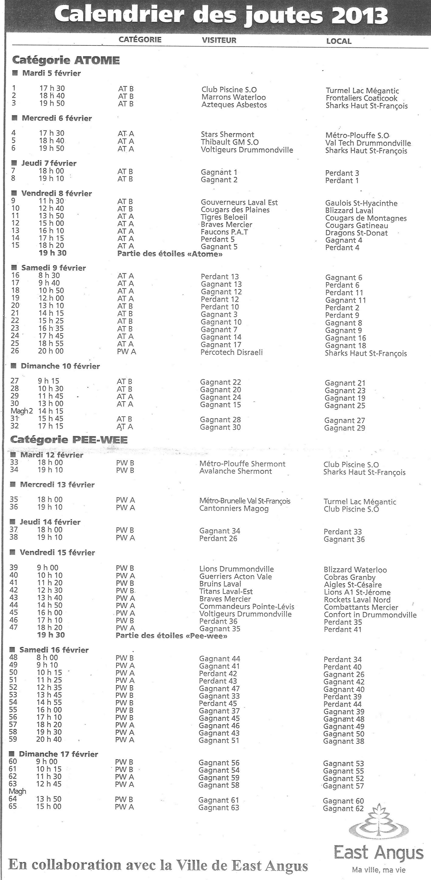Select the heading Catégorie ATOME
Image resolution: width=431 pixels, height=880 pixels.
66,61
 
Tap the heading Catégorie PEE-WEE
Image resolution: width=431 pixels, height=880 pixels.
69,440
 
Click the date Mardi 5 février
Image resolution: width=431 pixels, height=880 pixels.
52,73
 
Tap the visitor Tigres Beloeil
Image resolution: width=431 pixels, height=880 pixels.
224,217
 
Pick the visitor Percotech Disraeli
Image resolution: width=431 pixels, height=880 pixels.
231,352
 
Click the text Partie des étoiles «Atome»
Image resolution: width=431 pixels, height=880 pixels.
170,254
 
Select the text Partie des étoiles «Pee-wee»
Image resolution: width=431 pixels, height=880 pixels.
171,636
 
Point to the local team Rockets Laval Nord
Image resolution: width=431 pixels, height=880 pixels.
357,599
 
